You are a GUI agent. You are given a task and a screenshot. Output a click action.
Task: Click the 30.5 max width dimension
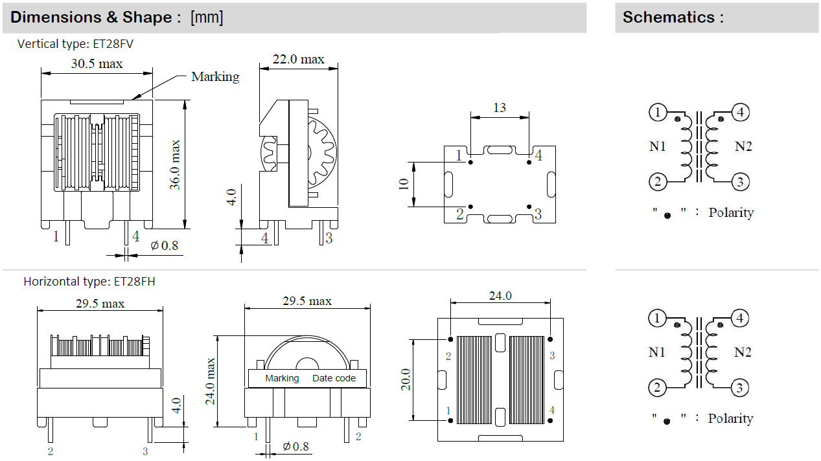click(97, 63)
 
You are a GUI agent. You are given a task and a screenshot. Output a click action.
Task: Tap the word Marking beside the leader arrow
click(215, 76)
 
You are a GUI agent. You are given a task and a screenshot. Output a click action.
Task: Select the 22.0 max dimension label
click(298, 59)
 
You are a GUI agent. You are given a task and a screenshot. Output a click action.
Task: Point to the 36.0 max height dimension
click(175, 165)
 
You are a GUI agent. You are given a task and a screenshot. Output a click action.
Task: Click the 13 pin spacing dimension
click(499, 107)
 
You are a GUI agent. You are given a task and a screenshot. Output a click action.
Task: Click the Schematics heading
click(673, 17)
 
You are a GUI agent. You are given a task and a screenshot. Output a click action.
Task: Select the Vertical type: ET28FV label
click(76, 44)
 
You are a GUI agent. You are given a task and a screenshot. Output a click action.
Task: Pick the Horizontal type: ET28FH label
click(89, 282)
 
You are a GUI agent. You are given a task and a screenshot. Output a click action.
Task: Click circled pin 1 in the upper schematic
click(658, 113)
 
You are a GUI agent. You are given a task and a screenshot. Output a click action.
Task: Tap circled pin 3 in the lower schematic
click(741, 388)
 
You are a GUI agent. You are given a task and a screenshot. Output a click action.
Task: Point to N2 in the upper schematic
click(743, 146)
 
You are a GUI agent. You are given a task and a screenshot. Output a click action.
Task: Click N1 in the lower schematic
click(658, 352)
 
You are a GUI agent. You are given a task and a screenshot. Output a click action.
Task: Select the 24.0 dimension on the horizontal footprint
click(500, 296)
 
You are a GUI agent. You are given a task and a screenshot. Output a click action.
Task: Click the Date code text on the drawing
click(334, 378)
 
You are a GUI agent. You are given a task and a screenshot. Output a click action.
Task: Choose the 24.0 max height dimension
click(211, 381)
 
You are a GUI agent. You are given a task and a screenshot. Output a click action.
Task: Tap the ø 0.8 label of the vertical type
click(165, 246)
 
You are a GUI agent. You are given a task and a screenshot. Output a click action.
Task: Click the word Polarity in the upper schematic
click(731, 212)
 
